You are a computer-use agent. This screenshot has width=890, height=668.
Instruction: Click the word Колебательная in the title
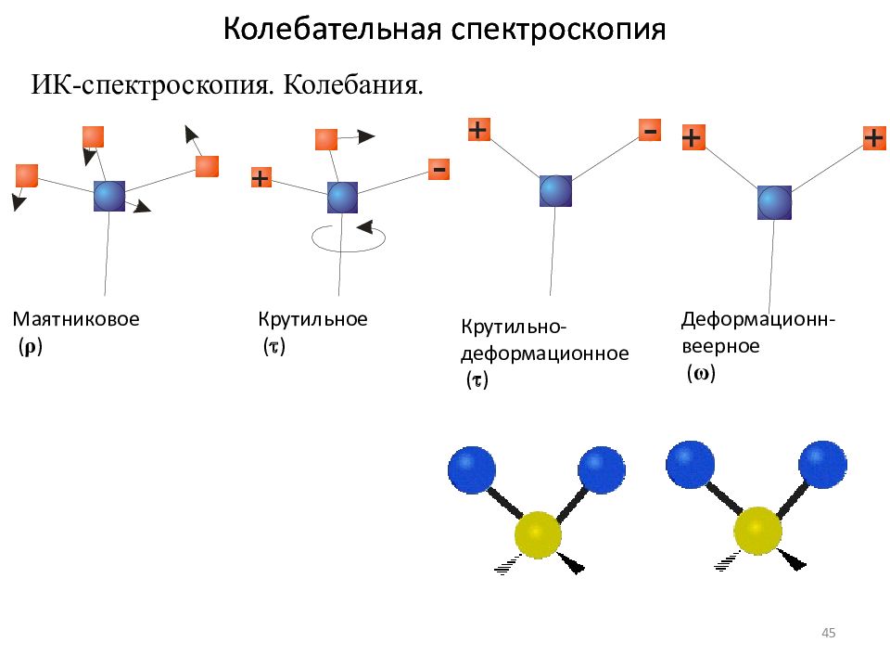pyautogui.click(x=333, y=29)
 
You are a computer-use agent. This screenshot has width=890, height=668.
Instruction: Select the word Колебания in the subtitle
pyautogui.click(x=353, y=85)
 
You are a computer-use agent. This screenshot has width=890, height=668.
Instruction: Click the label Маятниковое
pyautogui.click(x=76, y=318)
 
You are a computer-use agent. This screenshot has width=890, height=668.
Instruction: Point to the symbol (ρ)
pyautogui.click(x=30, y=346)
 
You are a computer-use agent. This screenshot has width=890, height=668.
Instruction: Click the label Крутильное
pyautogui.click(x=312, y=320)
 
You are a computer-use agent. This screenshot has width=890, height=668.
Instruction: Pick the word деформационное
pyautogui.click(x=544, y=353)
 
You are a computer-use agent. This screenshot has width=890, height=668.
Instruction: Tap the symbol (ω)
pyautogui.click(x=701, y=373)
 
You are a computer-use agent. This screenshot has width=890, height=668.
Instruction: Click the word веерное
pyautogui.click(x=721, y=346)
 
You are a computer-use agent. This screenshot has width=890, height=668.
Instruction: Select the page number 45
pyautogui.click(x=828, y=633)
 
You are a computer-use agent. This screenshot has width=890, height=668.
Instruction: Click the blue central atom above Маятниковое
pyautogui.click(x=109, y=196)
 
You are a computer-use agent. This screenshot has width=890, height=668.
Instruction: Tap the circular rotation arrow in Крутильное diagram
pyautogui.click(x=349, y=238)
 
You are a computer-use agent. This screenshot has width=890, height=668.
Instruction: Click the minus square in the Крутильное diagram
pyautogui.click(x=439, y=169)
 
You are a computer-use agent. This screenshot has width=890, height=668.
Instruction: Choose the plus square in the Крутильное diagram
pyautogui.click(x=261, y=178)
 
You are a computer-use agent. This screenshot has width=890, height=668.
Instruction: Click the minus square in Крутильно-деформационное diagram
pyautogui.click(x=650, y=130)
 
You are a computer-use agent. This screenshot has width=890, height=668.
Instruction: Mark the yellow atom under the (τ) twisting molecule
pyautogui.click(x=538, y=535)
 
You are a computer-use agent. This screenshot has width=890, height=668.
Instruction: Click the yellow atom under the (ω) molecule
pyautogui.click(x=757, y=531)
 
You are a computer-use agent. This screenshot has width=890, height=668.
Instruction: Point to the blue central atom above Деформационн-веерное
pyautogui.click(x=774, y=202)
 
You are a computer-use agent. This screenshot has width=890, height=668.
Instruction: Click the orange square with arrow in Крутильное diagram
pyautogui.click(x=326, y=140)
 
